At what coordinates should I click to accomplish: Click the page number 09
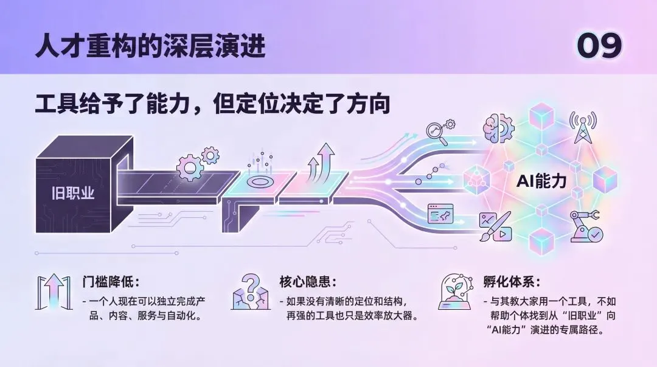599,46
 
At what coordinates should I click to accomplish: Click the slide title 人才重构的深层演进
150,46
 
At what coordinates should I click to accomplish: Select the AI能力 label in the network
541,181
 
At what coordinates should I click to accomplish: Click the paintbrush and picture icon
494,226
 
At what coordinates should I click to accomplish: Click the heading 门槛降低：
111,282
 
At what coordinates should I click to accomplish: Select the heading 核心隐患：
308,282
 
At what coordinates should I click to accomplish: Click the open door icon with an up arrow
53,293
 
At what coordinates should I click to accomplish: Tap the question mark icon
251,292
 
